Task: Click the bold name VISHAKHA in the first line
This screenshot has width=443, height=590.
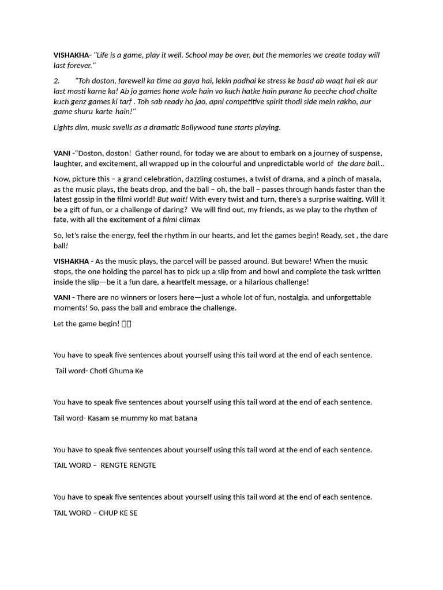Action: point(71,55)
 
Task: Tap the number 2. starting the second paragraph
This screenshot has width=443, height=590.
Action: point(57,81)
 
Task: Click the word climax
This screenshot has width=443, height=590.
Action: point(190,220)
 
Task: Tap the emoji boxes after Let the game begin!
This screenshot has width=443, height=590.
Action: point(126,324)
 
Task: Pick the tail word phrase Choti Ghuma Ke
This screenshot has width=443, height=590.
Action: point(116,371)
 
